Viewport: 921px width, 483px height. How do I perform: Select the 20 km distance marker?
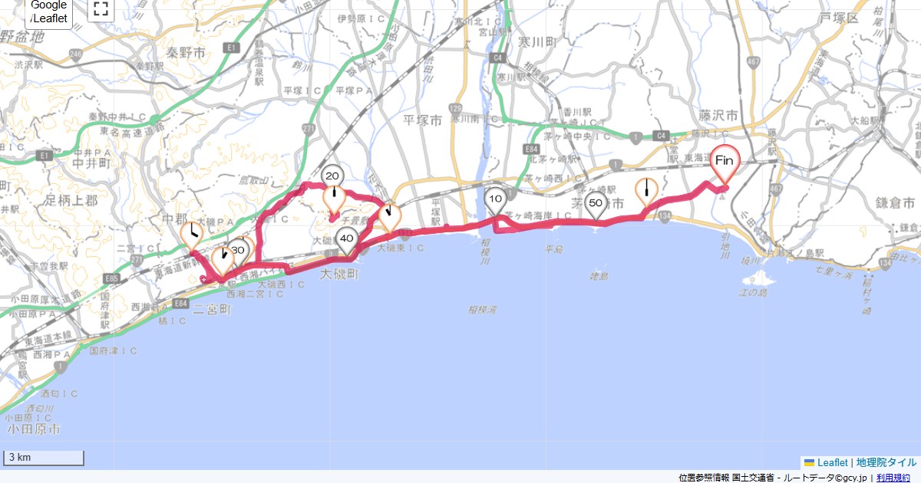pos(332,176)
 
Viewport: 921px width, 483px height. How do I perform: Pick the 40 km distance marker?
pos(347,239)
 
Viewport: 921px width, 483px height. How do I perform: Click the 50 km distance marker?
pos(595,204)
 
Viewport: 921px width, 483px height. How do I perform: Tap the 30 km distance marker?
pos(238,250)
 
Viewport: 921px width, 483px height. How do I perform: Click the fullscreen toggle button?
pos(101,9)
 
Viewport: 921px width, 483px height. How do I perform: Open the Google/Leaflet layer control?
pos(49,11)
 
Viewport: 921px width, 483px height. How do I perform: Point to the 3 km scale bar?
pos(44,458)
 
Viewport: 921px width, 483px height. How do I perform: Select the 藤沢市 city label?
pos(718,115)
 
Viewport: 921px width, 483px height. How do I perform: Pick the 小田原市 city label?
pos(32,429)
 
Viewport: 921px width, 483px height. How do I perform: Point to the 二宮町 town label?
pos(212,310)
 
